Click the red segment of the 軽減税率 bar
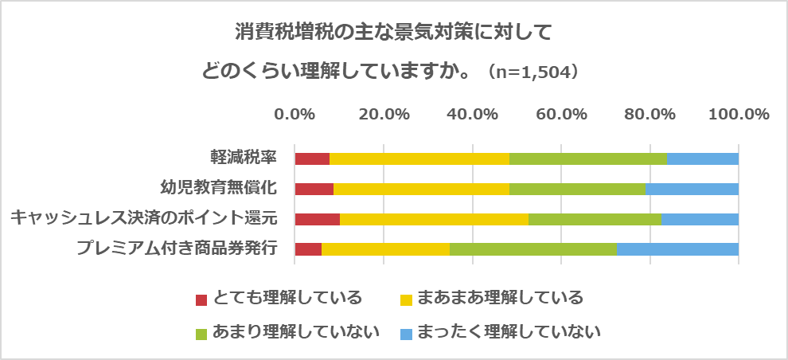(311, 158)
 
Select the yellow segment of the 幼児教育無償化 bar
(421, 189)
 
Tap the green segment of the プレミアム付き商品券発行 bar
(532, 248)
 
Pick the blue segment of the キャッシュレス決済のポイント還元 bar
(700, 219)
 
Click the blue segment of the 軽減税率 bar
(702, 158)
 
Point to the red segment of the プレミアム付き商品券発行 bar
(307, 248)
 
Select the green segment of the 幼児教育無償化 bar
(577, 189)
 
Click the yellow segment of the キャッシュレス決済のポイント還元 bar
(434, 219)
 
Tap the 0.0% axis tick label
(295, 114)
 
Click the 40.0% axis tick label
(472, 114)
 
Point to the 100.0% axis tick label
(738, 114)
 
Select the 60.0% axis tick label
(560, 114)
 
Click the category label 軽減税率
(243, 157)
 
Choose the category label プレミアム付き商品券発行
(177, 248)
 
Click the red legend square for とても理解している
(202, 299)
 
